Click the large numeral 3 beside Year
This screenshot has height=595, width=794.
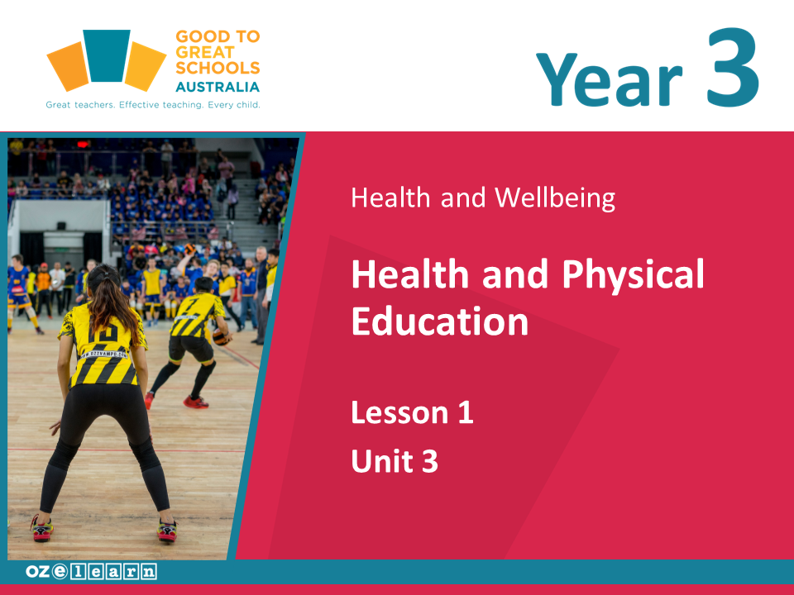click(x=733, y=67)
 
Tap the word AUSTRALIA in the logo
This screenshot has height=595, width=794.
click(x=218, y=87)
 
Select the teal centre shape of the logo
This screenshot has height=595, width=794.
click(x=107, y=55)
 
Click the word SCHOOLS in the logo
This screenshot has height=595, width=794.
click(x=218, y=68)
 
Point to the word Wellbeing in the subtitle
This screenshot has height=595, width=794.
click(x=555, y=198)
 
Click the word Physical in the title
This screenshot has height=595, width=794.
click(x=633, y=274)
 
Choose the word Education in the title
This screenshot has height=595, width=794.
click(x=439, y=321)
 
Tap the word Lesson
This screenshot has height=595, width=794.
click(x=399, y=412)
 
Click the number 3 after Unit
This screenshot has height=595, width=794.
click(x=430, y=461)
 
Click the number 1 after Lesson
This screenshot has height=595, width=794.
click(x=466, y=412)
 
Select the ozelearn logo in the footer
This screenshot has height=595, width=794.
click(x=91, y=572)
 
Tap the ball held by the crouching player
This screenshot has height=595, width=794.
click(x=222, y=336)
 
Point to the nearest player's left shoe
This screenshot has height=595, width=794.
click(x=41, y=529)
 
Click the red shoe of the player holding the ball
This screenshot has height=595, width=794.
click(x=195, y=402)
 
